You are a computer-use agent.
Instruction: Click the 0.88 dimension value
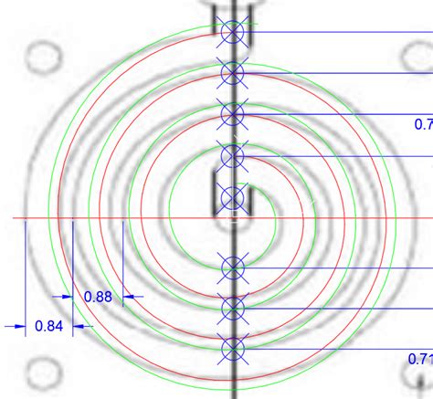click(98, 296)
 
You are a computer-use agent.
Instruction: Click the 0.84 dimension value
click(49, 325)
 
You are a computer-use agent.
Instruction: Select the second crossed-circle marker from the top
click(233, 72)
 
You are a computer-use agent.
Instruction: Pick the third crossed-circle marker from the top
click(233, 113)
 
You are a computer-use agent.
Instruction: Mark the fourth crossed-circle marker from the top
click(233, 155)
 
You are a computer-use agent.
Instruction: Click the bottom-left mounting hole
click(40, 373)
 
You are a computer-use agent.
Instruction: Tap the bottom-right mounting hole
click(422, 374)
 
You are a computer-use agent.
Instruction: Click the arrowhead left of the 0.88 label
click(68, 296)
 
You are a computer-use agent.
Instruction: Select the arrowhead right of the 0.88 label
click(129, 296)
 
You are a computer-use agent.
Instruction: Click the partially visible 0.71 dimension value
click(420, 358)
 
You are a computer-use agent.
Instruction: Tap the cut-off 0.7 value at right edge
click(423, 123)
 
